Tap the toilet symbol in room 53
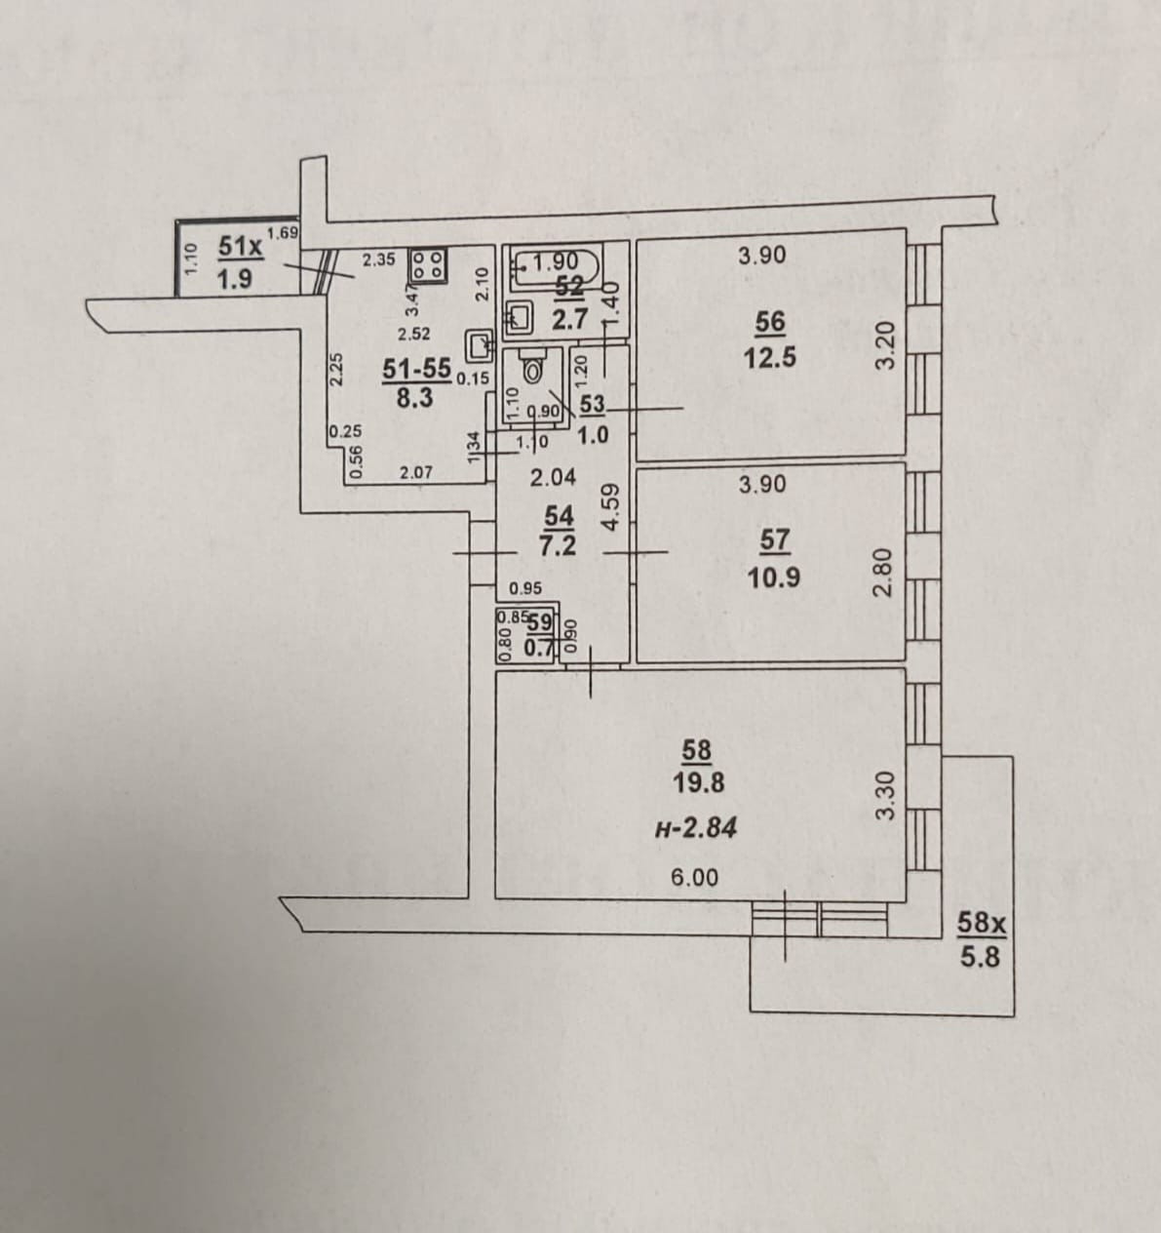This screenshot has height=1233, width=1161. [x=532, y=369]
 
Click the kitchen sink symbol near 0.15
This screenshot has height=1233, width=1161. [x=480, y=344]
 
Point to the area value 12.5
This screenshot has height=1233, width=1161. [x=769, y=357]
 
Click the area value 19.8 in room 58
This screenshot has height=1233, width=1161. [x=697, y=782]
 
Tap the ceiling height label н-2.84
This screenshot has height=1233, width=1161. [x=696, y=828]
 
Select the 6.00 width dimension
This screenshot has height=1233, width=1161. [x=694, y=877]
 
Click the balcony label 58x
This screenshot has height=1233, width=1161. [x=980, y=922]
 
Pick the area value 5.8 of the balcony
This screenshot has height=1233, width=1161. [x=980, y=957]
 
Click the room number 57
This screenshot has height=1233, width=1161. [x=774, y=539]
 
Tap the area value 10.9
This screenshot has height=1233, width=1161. [x=774, y=577]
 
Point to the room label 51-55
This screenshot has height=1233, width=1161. [x=416, y=369]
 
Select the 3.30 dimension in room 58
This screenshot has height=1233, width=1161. [x=885, y=795]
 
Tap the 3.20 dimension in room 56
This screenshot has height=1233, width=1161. [x=884, y=344]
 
